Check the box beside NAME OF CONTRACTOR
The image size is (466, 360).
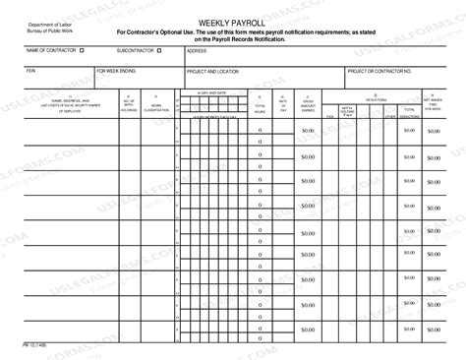click(82, 49)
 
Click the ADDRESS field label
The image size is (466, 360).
click(196, 49)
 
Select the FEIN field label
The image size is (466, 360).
click(30, 72)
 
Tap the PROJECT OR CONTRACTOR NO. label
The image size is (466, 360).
click(380, 72)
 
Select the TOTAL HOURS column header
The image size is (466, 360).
click(260, 105)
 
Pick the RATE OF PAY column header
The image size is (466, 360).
click(283, 105)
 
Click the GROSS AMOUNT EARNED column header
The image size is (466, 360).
click(308, 105)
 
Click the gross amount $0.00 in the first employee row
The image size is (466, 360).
click(308, 131)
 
